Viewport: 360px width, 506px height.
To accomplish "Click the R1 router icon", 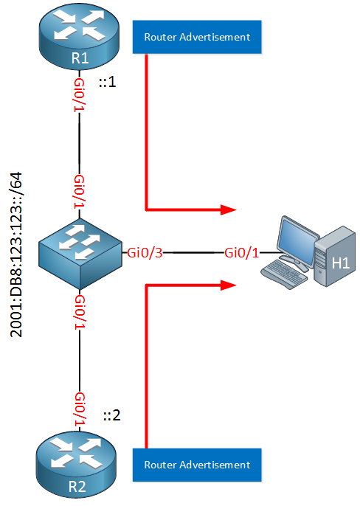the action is (x=79, y=37).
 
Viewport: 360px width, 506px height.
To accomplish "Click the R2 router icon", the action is (x=76, y=465).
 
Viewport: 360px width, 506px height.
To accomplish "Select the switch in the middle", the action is (x=80, y=253).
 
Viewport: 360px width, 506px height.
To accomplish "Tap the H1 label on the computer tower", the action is (x=341, y=263).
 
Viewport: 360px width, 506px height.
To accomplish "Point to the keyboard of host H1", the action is (x=284, y=274).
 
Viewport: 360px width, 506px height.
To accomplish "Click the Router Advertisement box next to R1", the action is (x=197, y=37).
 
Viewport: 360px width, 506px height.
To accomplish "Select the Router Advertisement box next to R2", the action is (x=197, y=465).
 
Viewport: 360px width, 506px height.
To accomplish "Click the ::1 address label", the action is (x=107, y=82).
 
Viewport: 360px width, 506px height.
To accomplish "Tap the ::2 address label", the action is (x=111, y=415).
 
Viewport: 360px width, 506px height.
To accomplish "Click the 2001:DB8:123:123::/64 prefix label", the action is (x=16, y=254).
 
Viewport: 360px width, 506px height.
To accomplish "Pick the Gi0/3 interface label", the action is (x=145, y=253).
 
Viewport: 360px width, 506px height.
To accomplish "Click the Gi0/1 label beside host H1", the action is (x=242, y=253).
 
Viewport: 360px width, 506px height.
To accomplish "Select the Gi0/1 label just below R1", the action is (x=80, y=95).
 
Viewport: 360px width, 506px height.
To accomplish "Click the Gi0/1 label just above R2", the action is (x=80, y=410).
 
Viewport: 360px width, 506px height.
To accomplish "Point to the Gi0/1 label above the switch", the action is (x=80, y=192).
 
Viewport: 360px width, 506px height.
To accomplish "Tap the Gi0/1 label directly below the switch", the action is (x=80, y=313).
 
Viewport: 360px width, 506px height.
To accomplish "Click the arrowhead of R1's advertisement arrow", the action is (x=229, y=209).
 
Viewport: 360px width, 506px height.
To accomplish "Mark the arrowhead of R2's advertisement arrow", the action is (x=229, y=285).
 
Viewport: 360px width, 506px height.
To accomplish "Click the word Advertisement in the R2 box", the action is (x=215, y=465).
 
